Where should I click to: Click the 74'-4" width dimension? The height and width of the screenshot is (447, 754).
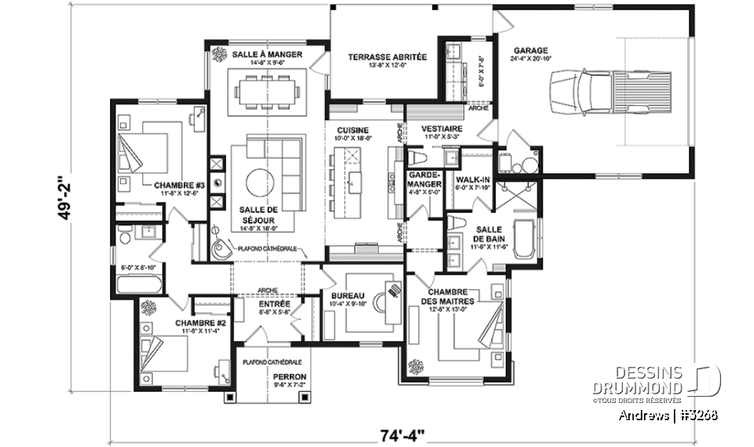coord(402,433)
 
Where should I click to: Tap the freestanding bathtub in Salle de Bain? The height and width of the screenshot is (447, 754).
coord(524,239)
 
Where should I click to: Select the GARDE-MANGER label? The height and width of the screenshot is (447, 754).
coord(426,181)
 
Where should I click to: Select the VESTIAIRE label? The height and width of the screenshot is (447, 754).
coord(441,128)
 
